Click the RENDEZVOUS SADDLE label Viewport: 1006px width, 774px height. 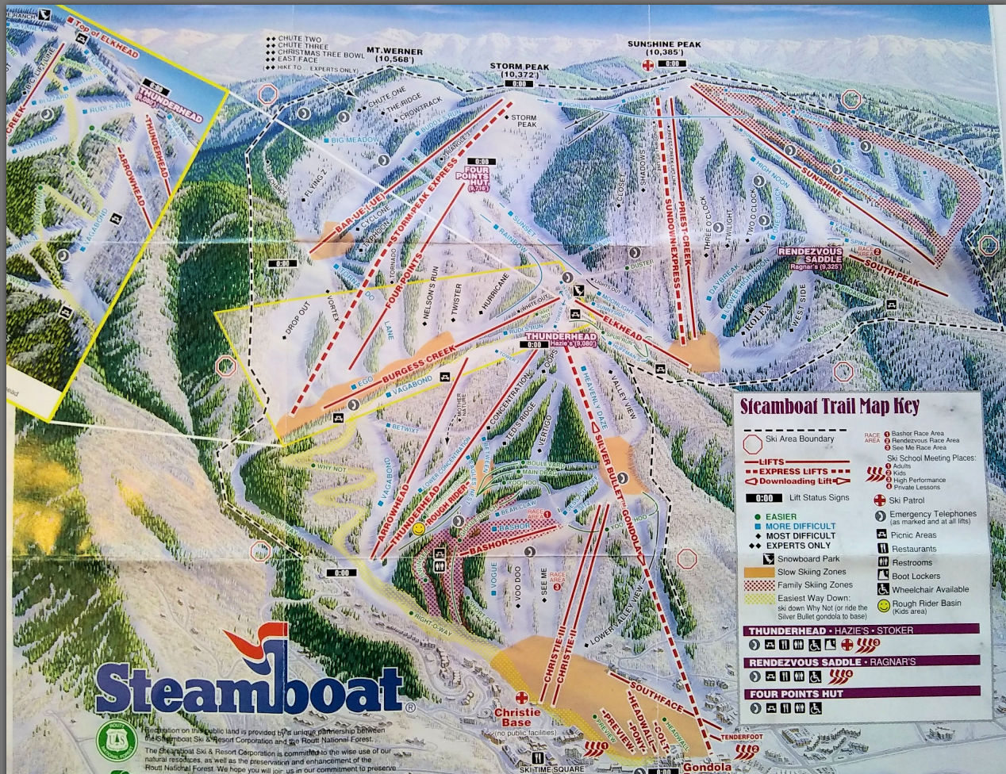[811, 253]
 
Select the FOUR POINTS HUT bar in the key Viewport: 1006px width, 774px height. [861, 694]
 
